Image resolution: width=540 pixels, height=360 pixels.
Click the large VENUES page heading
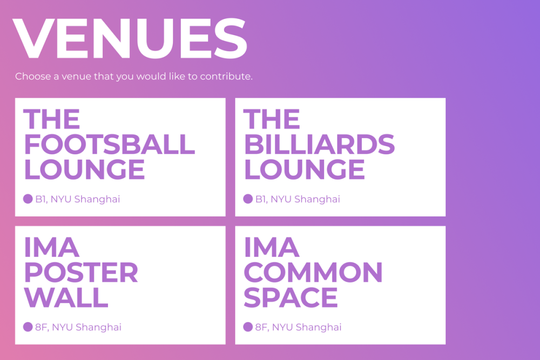point(130,38)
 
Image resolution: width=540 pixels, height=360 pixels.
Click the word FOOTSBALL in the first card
point(110,144)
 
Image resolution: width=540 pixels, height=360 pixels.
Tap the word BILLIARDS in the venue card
point(319,144)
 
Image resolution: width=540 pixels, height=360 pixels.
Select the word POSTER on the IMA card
point(81,272)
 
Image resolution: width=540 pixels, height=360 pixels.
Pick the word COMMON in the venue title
point(313,272)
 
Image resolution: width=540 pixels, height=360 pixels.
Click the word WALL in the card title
point(66,297)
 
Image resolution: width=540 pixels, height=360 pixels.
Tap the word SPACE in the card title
point(291,297)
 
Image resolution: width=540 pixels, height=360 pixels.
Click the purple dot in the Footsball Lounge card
point(28,199)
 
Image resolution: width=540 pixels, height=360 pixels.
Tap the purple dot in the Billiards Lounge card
point(248,199)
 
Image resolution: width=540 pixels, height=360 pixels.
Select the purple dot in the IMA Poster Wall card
point(28,327)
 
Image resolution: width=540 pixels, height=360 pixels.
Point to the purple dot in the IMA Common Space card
point(248,327)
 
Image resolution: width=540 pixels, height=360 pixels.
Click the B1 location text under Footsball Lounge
point(77,199)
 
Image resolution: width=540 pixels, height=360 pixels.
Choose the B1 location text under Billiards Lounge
point(298,199)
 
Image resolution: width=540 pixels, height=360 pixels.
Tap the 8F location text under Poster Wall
point(78,327)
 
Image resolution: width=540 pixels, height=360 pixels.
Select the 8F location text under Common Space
point(298,327)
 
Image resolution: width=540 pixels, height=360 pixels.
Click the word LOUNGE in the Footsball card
point(84,169)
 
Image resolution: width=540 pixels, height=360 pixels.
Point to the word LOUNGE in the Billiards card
point(305,169)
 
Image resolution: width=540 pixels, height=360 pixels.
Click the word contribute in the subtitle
point(226,76)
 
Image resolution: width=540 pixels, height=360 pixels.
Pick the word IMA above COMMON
point(272,247)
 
